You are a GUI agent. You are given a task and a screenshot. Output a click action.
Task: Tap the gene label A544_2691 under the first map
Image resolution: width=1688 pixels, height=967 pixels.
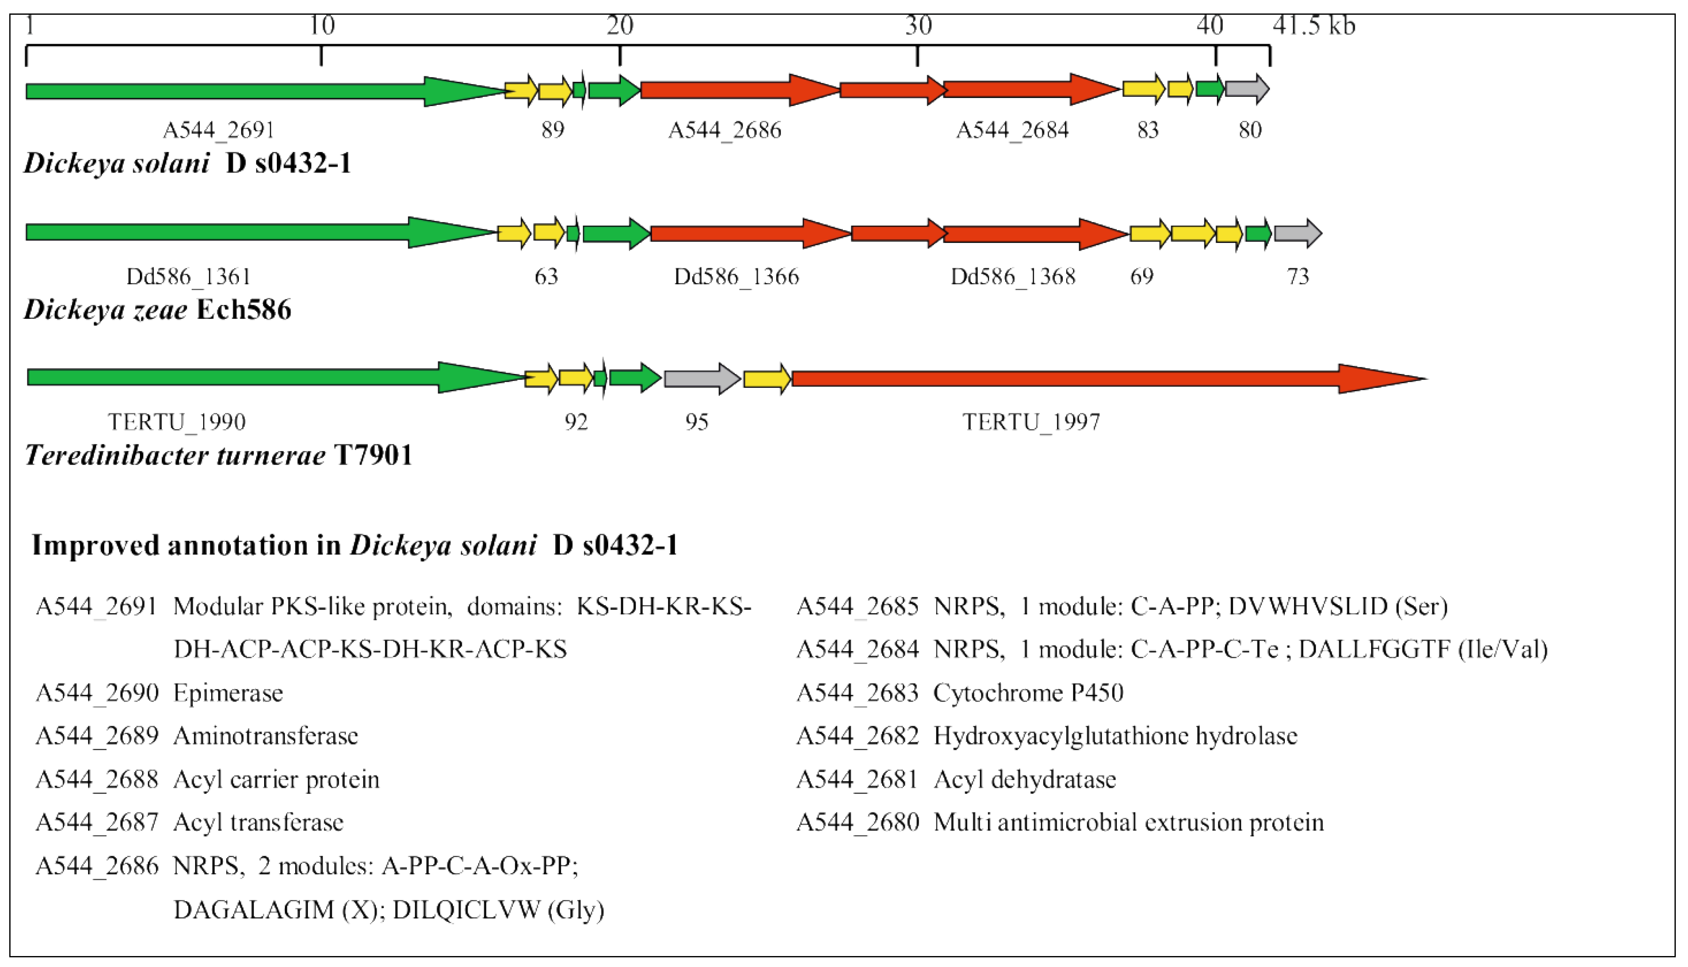pyautogui.click(x=219, y=130)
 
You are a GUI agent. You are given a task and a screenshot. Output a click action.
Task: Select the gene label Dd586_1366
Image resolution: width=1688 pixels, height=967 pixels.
pyautogui.click(x=736, y=276)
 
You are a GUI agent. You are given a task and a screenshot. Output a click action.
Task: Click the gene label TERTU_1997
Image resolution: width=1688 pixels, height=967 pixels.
pyautogui.click(x=1031, y=422)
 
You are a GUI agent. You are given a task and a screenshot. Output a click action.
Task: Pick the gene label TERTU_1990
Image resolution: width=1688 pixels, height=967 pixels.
pyautogui.click(x=177, y=422)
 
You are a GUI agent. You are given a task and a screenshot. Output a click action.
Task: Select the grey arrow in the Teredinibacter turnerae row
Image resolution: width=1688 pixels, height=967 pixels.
pyautogui.click(x=701, y=379)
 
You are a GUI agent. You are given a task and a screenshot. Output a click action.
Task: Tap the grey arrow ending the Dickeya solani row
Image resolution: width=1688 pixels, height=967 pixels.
pyautogui.click(x=1246, y=89)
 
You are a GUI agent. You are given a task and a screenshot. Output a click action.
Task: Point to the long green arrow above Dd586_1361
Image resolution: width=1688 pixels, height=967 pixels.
pyautogui.click(x=259, y=232)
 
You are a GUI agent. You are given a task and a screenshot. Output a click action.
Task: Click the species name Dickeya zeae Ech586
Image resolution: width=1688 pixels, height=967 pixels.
pyautogui.click(x=158, y=310)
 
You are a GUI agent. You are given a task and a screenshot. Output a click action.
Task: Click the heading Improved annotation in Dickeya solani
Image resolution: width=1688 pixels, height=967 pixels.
pyautogui.click(x=355, y=545)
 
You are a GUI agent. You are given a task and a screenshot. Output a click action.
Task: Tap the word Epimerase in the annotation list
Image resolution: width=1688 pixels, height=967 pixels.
pyautogui.click(x=228, y=693)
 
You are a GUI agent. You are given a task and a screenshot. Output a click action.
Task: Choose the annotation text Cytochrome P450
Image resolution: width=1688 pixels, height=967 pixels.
pyautogui.click(x=1028, y=693)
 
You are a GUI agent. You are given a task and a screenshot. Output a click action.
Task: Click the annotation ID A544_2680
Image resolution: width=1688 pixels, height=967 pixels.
pyautogui.click(x=857, y=822)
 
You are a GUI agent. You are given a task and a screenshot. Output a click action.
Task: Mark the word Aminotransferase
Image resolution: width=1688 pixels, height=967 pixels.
pyautogui.click(x=266, y=736)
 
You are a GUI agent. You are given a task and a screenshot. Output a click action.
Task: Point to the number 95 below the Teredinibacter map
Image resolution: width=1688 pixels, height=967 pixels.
pyautogui.click(x=697, y=422)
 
